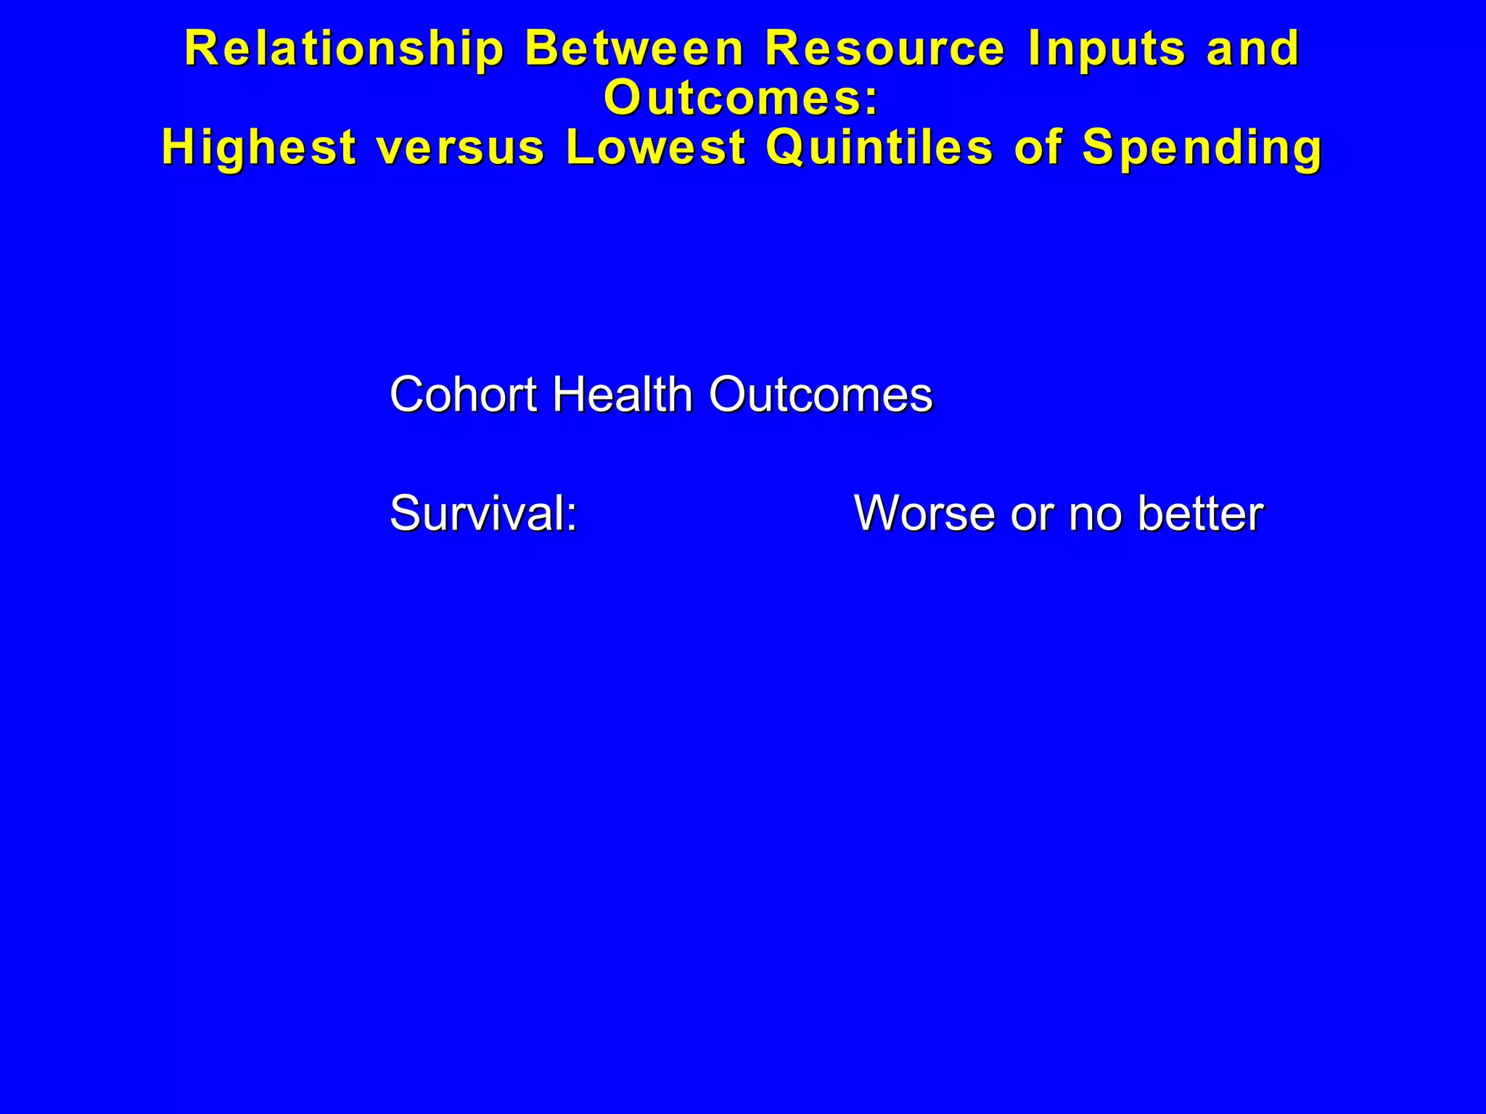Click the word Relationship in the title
345,49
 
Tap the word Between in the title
635,49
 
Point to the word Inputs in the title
1107,49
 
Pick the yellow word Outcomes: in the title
742,98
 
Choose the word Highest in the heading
259,147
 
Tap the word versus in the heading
461,147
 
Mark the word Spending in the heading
1202,147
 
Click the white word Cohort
463,395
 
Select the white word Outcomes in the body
821,395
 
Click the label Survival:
483,513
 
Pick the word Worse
925,513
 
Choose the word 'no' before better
1096,513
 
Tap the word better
1201,513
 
